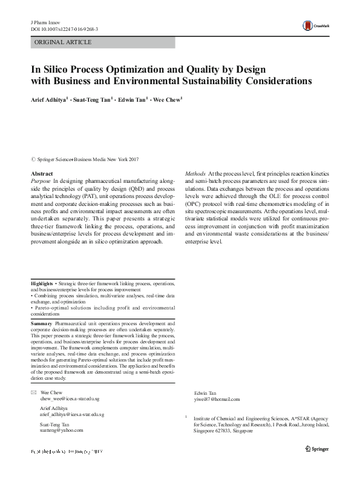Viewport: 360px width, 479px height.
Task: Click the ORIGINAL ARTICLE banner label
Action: (63, 42)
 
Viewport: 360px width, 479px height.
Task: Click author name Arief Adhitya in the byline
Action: (53, 99)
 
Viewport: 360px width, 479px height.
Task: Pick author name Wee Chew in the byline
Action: (167, 99)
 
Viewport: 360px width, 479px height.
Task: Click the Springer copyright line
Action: (84, 159)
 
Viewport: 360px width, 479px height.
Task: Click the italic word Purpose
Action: (41, 181)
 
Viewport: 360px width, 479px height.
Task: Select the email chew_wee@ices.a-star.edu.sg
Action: (71, 400)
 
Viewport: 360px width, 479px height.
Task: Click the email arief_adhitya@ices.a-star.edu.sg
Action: (71, 415)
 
